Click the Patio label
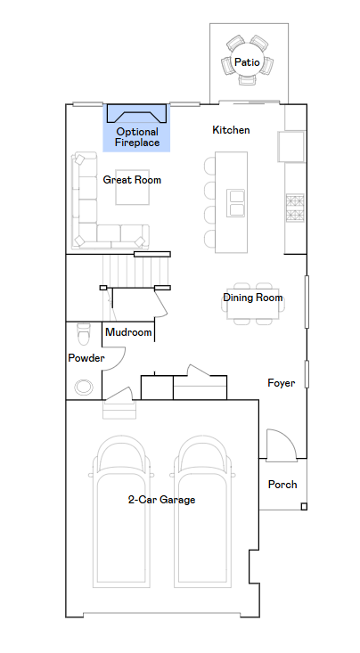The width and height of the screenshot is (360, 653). pyautogui.click(x=247, y=62)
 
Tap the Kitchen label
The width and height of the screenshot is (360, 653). pyautogui.click(x=232, y=130)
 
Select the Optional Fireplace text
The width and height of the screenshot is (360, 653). pyautogui.click(x=137, y=137)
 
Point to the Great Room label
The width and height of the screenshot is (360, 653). pyautogui.click(x=132, y=180)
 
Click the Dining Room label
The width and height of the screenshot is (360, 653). pyautogui.click(x=253, y=298)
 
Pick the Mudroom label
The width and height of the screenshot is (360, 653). pyautogui.click(x=128, y=332)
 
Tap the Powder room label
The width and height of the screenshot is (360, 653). pyautogui.click(x=86, y=358)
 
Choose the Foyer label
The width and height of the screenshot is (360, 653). pyautogui.click(x=282, y=383)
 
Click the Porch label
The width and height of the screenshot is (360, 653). pyautogui.click(x=282, y=485)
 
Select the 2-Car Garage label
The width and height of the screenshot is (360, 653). pyautogui.click(x=161, y=500)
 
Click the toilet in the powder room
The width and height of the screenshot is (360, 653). pyautogui.click(x=84, y=334)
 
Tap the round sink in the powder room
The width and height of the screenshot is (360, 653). pyautogui.click(x=84, y=388)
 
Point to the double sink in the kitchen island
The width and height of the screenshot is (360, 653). pyautogui.click(x=236, y=203)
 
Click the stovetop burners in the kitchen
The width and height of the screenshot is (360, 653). pyautogui.click(x=295, y=208)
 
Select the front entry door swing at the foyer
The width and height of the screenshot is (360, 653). pyautogui.click(x=282, y=445)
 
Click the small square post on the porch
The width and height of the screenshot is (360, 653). pyautogui.click(x=304, y=506)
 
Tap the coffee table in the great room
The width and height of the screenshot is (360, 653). pyautogui.click(x=133, y=187)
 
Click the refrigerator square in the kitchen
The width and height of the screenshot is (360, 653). pyautogui.click(x=291, y=146)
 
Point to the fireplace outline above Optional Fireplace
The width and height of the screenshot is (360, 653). pyautogui.click(x=136, y=113)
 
